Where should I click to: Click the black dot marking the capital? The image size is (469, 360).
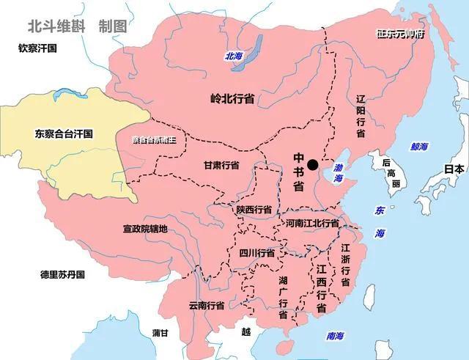313,165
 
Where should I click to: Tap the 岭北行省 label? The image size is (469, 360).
232,98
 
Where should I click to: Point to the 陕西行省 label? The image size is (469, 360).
254,209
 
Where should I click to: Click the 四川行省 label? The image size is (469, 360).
257,252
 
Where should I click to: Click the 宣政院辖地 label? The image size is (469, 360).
145,229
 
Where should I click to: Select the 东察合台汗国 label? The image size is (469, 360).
64,134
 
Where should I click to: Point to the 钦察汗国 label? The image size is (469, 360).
38,48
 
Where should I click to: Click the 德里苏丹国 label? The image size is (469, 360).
63,275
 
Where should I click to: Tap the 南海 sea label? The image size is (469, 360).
335,337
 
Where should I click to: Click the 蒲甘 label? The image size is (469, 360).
160,333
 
